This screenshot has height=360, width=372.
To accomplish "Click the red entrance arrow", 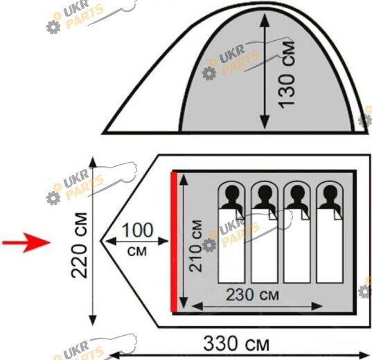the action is (x=26, y=242).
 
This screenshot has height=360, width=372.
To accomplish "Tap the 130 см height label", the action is (x=286, y=75).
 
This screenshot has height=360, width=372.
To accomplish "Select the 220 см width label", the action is (x=79, y=245).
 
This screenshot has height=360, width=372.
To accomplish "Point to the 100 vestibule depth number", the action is (x=137, y=230).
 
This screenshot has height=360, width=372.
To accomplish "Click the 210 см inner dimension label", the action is (x=195, y=246).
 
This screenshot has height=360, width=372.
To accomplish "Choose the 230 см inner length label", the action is (x=252, y=295).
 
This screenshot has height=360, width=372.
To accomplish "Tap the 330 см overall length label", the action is (x=236, y=343).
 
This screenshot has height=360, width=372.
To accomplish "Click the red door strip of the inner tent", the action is (x=174, y=242).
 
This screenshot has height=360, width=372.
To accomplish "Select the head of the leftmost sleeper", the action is (x=232, y=192).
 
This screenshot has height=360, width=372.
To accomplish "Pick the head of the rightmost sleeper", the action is (x=330, y=192).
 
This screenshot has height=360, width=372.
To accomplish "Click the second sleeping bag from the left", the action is (x=265, y=246).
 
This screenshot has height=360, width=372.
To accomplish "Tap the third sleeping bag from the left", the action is (x=297, y=246).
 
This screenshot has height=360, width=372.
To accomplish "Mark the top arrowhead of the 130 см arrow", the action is (x=265, y=19).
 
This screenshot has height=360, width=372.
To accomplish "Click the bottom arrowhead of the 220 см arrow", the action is (x=93, y=320).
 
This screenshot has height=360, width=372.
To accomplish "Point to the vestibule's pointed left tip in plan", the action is (x=101, y=241).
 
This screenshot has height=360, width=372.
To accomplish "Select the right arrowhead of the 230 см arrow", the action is (x=317, y=306).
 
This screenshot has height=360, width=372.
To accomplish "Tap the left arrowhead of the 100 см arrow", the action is (x=111, y=242).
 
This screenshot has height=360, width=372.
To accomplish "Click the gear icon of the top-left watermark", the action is (x=53, y=27).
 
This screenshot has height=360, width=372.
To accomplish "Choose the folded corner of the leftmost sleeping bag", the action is (x=240, y=214).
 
